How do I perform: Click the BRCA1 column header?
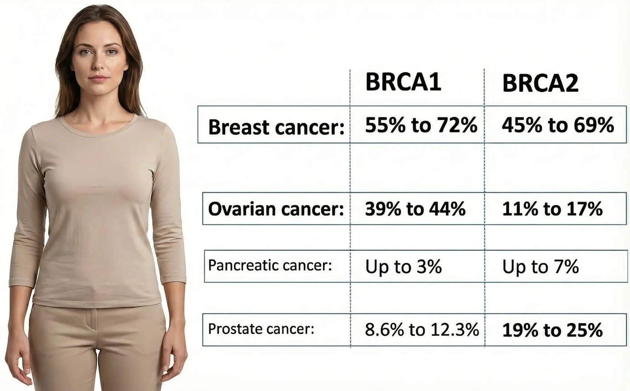click(x=403, y=82)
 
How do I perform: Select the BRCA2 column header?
click(x=540, y=83)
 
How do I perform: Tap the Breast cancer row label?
click(x=275, y=127)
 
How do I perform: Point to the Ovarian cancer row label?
click(x=275, y=209)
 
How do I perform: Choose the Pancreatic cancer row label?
click(x=270, y=265)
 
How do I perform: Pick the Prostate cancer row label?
click(x=261, y=329)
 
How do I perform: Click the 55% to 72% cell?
click(x=421, y=125)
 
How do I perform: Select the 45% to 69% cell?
click(x=558, y=125)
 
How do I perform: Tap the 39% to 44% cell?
click(x=415, y=209)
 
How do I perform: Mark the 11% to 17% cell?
click(x=552, y=209)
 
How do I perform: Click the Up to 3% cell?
click(x=403, y=267)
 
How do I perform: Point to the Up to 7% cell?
click(x=540, y=267)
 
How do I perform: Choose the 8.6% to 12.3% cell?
click(x=422, y=330)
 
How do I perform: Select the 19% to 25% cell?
click(x=552, y=330)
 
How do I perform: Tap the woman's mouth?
click(x=99, y=78)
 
